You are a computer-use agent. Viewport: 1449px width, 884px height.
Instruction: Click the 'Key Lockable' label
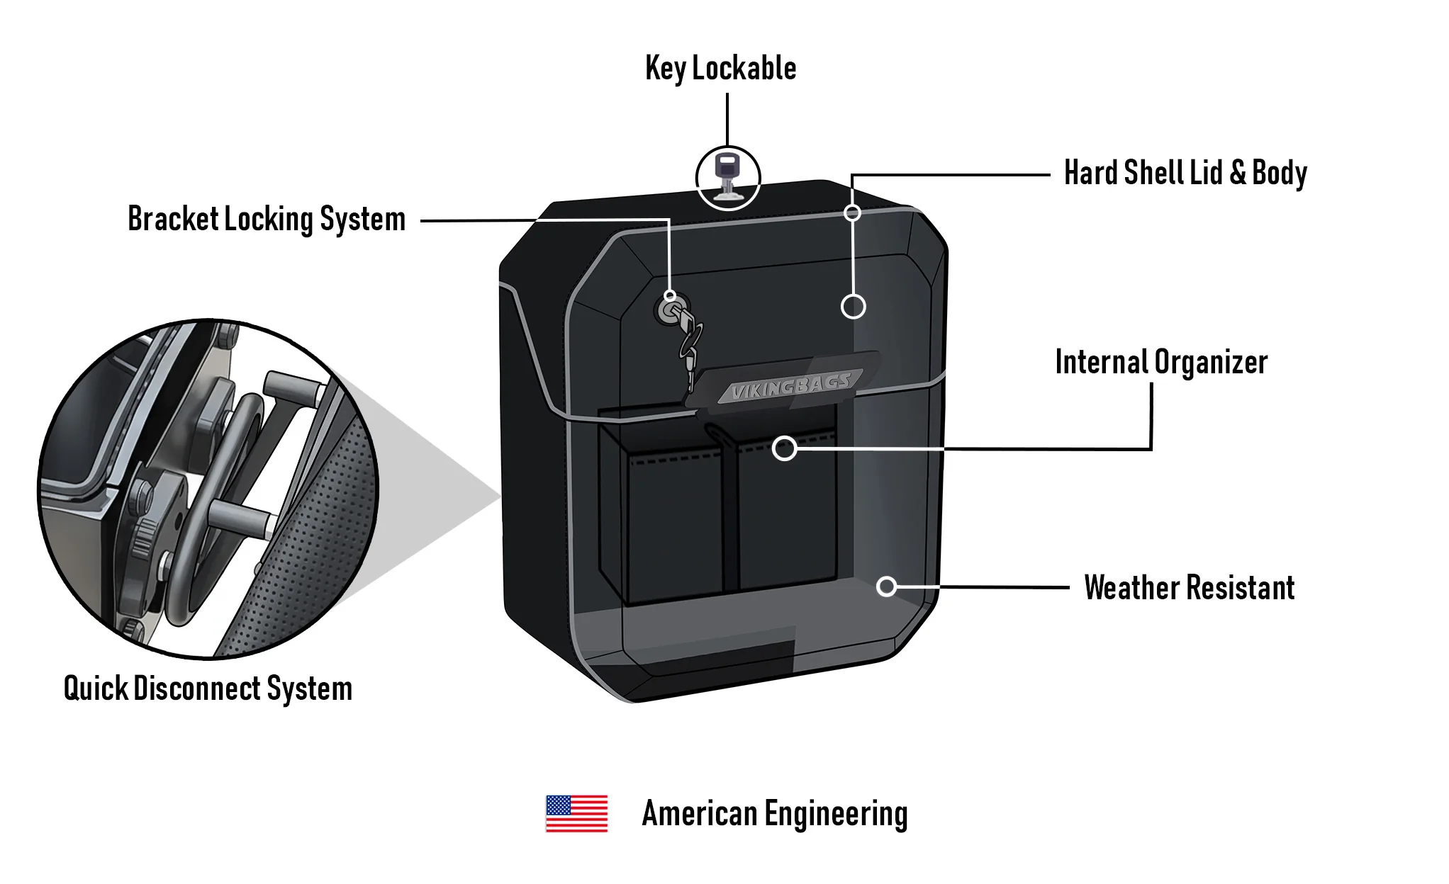pos(720,69)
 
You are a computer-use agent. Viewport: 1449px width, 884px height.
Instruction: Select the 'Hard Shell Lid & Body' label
pos(1185,173)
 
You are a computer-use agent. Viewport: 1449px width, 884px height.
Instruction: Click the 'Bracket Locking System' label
pos(267,220)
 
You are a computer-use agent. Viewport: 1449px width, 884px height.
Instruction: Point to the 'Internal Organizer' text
pos(1160,363)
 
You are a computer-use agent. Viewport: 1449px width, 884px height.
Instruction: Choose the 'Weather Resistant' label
pos(1189,588)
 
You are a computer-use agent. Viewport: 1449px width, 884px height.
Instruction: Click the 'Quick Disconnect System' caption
pos(208,688)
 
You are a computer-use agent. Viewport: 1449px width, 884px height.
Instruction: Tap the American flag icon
pos(576,813)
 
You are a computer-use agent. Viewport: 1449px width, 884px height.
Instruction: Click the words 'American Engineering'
pos(774,814)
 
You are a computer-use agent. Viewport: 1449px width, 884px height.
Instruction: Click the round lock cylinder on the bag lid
pos(668,311)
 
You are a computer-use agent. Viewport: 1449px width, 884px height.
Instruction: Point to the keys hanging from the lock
pos(689,347)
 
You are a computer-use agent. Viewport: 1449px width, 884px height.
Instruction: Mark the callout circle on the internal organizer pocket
pos(784,448)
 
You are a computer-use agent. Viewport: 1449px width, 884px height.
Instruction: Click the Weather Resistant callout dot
pos(886,586)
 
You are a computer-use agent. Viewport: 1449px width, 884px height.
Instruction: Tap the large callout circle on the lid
pos(853,307)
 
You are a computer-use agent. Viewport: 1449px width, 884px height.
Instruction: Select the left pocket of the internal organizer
pos(673,524)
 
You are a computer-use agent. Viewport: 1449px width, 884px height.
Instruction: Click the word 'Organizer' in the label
pos(1211,363)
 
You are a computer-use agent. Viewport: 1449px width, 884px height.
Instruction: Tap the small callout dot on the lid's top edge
pos(853,212)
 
